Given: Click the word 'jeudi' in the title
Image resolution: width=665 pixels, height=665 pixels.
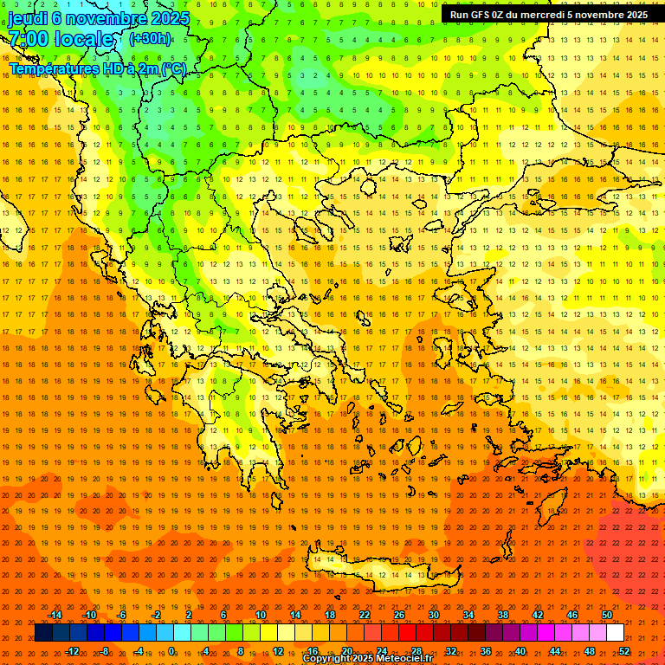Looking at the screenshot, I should pos(28,18).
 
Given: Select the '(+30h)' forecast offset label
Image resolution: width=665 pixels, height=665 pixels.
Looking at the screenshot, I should pos(150,39).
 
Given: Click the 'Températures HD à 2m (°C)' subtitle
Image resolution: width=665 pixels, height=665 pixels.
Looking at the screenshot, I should pos(97,68).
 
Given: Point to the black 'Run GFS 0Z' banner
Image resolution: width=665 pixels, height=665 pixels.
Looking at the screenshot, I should pos(548,15).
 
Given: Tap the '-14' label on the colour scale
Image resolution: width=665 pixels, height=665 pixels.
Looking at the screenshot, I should pos(55,615).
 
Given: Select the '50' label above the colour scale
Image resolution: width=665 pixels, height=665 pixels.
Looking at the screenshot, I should pos(607,615).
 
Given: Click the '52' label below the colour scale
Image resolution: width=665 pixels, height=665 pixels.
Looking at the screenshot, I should pos(624,650).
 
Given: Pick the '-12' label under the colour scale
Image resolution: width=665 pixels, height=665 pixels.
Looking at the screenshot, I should pos(72,650).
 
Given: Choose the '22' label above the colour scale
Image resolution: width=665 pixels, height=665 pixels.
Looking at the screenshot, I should pos(365,615).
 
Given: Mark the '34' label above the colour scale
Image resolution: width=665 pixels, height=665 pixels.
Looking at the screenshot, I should pos(468,615).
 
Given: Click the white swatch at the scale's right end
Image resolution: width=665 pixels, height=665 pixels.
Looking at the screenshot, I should pos(615,633).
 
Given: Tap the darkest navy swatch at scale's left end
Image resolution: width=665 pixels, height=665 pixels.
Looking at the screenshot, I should pos(43,633).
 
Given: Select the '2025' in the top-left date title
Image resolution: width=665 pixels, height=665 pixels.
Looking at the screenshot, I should pos(169,18).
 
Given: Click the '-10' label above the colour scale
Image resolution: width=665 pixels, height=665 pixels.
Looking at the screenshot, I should pos(89,615).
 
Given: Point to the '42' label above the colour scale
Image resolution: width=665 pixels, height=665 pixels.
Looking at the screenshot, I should pos(538,615).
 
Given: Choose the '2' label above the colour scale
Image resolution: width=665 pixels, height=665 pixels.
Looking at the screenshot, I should pos(189,615).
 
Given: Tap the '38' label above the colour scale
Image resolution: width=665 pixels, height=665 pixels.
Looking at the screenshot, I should pos(503,615).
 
